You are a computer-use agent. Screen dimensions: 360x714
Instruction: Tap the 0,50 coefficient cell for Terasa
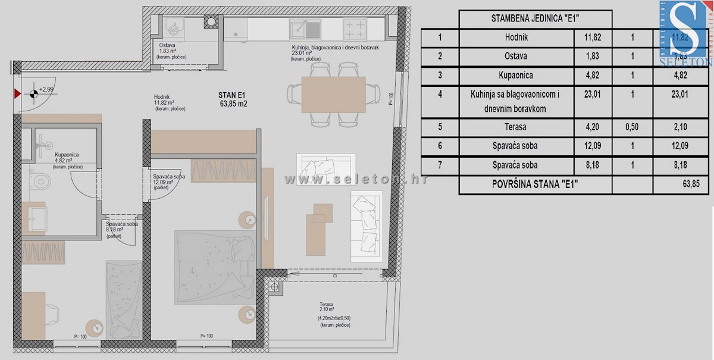[632, 126]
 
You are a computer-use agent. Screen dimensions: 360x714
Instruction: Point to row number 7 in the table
[439, 165]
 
